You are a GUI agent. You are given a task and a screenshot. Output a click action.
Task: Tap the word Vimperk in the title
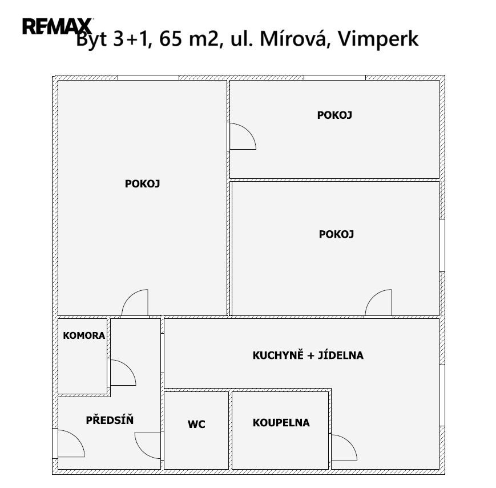click(x=378, y=39)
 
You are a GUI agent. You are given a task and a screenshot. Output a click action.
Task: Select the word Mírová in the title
click(x=293, y=38)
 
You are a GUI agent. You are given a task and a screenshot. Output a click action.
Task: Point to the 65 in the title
click(x=171, y=39)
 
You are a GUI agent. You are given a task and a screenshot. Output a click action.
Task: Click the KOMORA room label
click(x=84, y=335)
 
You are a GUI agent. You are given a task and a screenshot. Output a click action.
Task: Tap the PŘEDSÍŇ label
click(x=110, y=420)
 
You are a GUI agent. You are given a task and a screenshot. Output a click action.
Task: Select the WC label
click(x=196, y=425)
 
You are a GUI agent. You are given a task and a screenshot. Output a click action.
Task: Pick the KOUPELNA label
click(x=281, y=423)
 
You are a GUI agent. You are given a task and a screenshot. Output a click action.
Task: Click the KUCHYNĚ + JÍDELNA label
click(x=308, y=355)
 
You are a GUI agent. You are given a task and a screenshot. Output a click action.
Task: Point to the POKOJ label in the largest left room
click(x=142, y=183)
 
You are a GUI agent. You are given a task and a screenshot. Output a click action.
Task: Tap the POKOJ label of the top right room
click(x=334, y=115)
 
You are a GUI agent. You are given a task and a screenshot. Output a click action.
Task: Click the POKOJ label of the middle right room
click(x=336, y=234)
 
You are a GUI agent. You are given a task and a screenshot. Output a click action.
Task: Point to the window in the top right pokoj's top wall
click(x=334, y=78)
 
